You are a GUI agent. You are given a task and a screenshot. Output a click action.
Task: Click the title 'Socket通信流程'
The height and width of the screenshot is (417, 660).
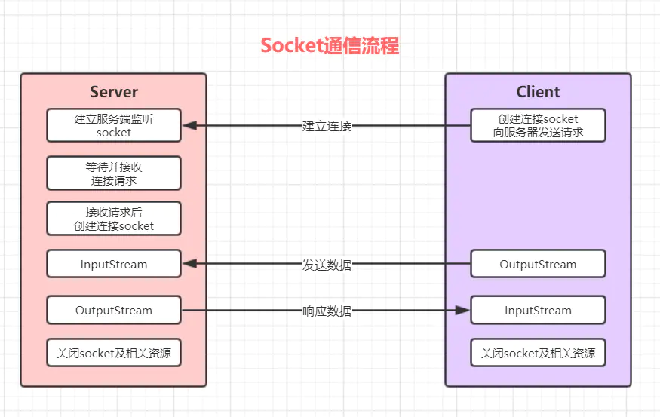point(330,45)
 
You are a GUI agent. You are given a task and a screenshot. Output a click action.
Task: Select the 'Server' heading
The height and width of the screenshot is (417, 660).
point(114,92)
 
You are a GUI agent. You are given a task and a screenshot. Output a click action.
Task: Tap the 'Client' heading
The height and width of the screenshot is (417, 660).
point(538,92)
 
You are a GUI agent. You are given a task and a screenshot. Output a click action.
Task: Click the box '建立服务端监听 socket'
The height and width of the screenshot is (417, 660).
point(114,125)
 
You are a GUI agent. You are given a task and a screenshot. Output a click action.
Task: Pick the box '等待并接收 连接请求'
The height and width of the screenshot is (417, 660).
point(114,173)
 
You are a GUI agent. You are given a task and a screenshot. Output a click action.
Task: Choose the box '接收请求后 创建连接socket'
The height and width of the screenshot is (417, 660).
point(114,219)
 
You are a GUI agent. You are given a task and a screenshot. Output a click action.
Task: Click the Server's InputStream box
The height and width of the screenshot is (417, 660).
point(114,264)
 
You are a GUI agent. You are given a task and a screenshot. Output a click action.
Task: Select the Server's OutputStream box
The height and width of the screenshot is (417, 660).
point(114,310)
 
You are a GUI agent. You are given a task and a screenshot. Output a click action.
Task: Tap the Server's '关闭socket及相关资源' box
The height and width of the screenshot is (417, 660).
point(114,353)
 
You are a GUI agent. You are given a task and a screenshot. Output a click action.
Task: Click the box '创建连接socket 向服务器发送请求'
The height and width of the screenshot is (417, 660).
point(538,125)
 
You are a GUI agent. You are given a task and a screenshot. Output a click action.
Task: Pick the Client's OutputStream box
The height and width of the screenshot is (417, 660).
point(538,264)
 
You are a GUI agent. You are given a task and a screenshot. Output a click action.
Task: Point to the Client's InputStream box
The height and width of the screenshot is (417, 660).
point(538,310)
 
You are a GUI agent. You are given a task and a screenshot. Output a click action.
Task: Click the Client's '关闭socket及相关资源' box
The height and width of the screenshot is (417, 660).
point(538,353)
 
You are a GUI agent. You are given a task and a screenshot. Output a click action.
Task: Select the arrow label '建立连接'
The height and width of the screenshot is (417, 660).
point(327,126)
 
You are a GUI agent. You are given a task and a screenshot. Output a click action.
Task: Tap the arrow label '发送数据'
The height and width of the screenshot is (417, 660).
point(327,265)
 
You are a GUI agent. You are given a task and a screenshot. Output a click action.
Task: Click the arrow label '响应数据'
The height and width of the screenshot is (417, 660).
point(327,311)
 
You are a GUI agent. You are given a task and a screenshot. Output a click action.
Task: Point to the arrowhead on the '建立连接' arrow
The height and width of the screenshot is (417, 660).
point(190,125)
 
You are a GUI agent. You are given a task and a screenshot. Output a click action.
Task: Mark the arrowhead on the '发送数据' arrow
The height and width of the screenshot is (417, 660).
point(190,264)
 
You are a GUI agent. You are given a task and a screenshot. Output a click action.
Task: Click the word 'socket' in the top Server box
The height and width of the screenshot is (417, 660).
point(114,133)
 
